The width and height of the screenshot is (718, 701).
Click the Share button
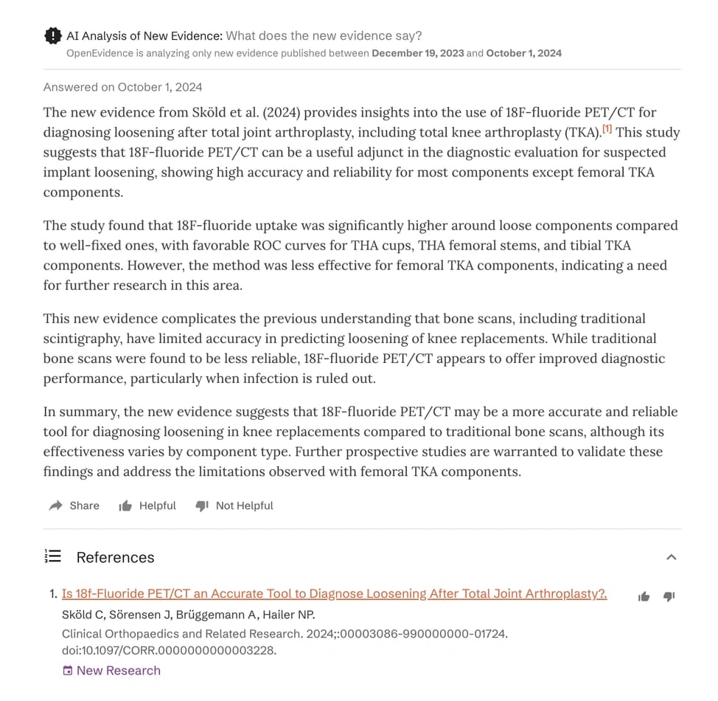[x=74, y=505]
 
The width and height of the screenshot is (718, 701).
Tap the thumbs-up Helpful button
[x=147, y=505]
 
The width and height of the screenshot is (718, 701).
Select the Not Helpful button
[x=234, y=505]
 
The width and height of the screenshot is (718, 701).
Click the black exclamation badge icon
[x=53, y=35]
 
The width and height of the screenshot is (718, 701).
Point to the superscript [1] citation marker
[x=607, y=130]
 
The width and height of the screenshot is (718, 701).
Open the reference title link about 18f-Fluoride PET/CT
[x=334, y=593]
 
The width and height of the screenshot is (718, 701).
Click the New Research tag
[x=111, y=670]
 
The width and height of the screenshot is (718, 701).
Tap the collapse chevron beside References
[x=671, y=557]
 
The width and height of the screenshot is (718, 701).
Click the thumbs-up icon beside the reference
[x=644, y=596]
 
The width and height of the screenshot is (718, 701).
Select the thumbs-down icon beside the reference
[x=669, y=596]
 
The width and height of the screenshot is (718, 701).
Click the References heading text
[x=115, y=557]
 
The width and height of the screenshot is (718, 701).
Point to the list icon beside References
[x=53, y=556]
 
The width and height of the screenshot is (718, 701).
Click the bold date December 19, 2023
[x=417, y=53]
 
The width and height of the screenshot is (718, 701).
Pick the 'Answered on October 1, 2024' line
[x=122, y=87]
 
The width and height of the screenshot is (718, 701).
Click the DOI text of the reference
[x=169, y=650]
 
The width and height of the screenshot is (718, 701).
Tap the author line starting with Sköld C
[x=188, y=615]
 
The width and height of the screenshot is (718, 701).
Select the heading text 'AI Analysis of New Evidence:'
[x=144, y=35]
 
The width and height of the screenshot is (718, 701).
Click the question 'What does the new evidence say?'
[x=324, y=35]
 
